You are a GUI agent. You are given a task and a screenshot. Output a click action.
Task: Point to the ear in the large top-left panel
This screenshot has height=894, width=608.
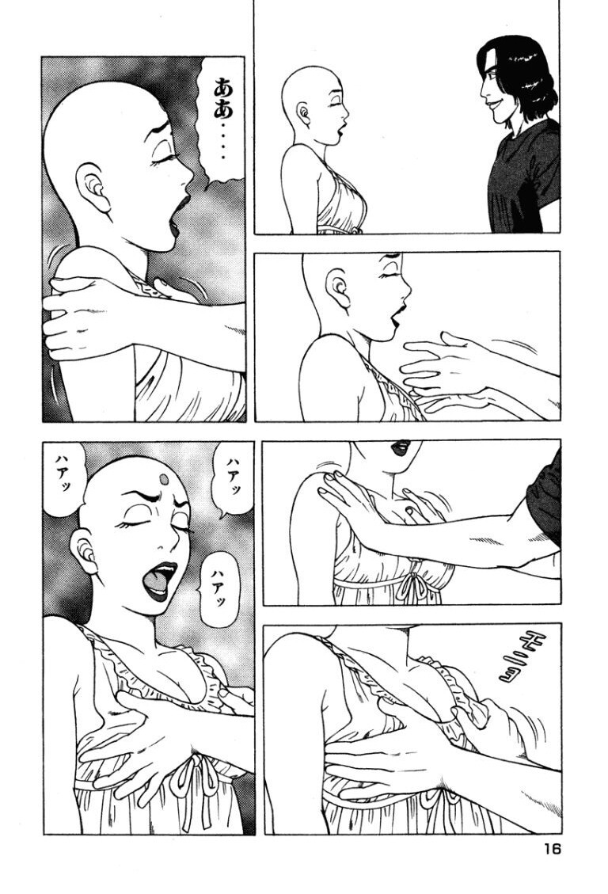coord(94,188)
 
